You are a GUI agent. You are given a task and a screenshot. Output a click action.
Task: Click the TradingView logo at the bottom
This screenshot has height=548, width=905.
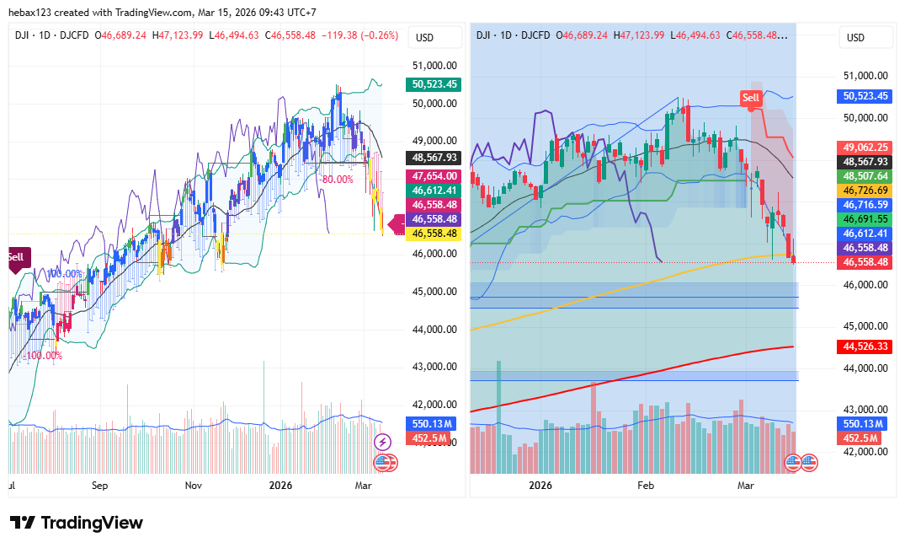click(77, 523)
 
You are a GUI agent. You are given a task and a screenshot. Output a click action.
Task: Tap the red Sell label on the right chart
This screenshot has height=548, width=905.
click(750, 98)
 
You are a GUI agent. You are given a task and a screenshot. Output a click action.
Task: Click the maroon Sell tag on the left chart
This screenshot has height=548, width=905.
click(16, 257)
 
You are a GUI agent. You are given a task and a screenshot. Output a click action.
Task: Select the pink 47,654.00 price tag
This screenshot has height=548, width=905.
click(434, 176)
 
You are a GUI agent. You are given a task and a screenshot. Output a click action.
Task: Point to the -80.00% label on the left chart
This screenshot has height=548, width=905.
click(335, 179)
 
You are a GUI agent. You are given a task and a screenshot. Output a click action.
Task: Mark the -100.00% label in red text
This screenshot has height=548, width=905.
click(44, 356)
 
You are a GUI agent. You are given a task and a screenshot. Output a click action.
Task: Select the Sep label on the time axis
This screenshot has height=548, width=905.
click(100, 486)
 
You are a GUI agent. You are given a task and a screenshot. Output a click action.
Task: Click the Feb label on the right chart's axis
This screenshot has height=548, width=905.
click(646, 486)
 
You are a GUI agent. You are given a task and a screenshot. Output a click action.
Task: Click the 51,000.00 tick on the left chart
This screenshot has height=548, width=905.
click(434, 66)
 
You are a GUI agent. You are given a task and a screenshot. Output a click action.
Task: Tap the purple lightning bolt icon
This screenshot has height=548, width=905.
click(382, 442)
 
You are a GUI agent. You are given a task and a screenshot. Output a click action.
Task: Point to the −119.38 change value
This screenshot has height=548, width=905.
click(340, 35)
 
